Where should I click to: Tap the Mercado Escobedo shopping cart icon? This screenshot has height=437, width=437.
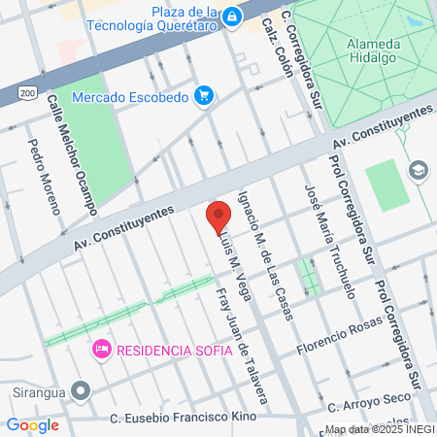(203, 94)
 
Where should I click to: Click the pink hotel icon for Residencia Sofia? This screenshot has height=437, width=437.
(100, 348)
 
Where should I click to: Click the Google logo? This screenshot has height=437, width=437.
(32, 424)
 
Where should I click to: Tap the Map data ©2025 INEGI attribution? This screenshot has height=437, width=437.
(379, 429)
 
